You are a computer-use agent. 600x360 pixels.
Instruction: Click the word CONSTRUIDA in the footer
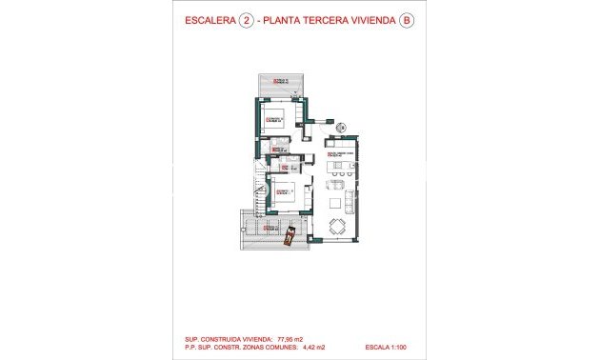click(x=229, y=337)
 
